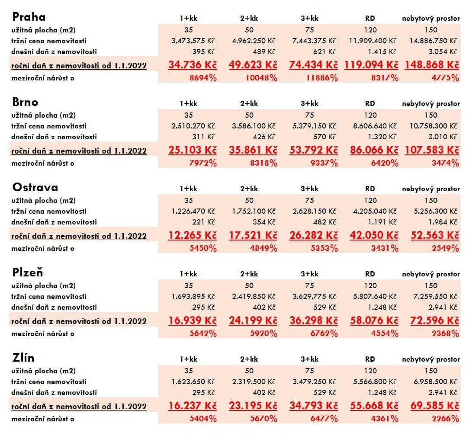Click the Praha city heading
[x=29, y=17]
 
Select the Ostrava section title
[x=35, y=187]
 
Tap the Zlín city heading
[x=23, y=358]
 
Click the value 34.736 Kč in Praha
[x=193, y=65]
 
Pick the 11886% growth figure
[x=322, y=78]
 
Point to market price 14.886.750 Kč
[x=433, y=41]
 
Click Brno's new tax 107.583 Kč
[x=432, y=150]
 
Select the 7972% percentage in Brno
[x=203, y=163]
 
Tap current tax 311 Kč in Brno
[x=203, y=137]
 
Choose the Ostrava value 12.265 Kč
[x=193, y=235]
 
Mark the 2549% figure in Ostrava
[x=445, y=248]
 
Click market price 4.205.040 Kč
[x=375, y=211]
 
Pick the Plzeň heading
[x=28, y=273]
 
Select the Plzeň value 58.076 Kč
[x=374, y=321]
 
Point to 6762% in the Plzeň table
[x=324, y=334]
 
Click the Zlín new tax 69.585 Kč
[x=434, y=406]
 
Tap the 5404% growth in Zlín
[x=203, y=419]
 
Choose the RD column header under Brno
[x=370, y=103]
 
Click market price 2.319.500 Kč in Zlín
[x=254, y=382]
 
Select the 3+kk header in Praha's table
[x=310, y=18]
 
